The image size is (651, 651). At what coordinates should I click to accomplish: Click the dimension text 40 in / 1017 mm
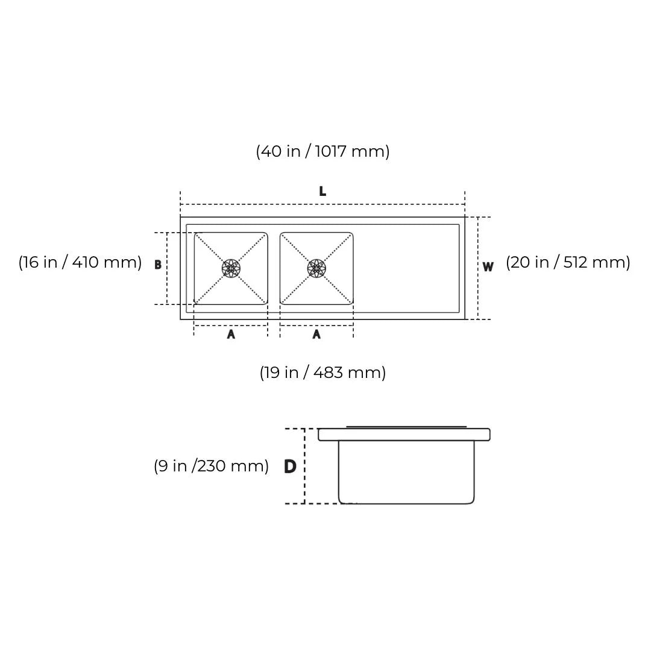coord(322,151)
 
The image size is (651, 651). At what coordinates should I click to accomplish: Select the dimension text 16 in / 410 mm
coord(80,262)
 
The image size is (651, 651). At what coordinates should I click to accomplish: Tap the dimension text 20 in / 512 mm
coord(568,262)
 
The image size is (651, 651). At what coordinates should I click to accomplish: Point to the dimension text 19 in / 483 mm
coord(322,373)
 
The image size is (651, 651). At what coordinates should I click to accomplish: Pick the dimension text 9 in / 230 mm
coord(211,466)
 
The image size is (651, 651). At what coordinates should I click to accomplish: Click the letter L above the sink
coord(322,192)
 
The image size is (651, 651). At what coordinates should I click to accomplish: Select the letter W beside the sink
coord(488,267)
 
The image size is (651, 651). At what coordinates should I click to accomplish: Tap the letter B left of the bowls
coord(158,265)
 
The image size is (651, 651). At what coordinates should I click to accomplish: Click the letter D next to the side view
coord(290,467)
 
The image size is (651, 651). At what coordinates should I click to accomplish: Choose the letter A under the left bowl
coord(231,335)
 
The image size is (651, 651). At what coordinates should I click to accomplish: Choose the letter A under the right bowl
coord(316,335)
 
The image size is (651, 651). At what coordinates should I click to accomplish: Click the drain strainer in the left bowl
coord(231,268)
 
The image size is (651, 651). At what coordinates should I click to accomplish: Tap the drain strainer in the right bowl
coord(316,268)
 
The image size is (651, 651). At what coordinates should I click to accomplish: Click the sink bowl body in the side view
coord(406,473)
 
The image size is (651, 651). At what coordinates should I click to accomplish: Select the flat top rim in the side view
coord(404,435)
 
